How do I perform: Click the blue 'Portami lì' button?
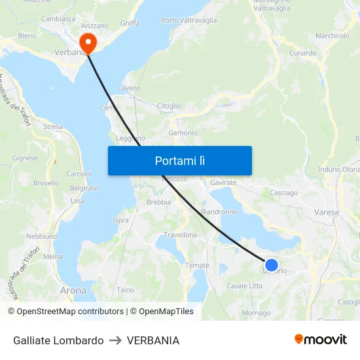tap(179, 160)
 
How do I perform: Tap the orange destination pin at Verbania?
tap(86, 42)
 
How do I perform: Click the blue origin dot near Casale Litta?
tap(271, 264)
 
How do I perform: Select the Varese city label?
tap(327, 213)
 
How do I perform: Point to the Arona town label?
tap(73, 290)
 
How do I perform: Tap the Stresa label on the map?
tap(52, 127)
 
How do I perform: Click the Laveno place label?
tap(129, 88)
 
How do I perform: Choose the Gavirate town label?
tap(223, 183)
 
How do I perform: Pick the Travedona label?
tap(180, 234)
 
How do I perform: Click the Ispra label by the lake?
tap(120, 220)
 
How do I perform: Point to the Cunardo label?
tap(302, 53)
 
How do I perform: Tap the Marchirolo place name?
tap(333, 36)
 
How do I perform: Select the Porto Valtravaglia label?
tap(189, 20)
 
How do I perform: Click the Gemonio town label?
tap(183, 133)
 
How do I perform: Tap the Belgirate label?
tap(84, 188)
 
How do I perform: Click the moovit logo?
tap(321, 339)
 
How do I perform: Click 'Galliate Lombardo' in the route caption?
tap(58, 340)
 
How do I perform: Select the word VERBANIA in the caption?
tap(153, 340)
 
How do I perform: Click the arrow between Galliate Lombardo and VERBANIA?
tap(115, 340)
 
